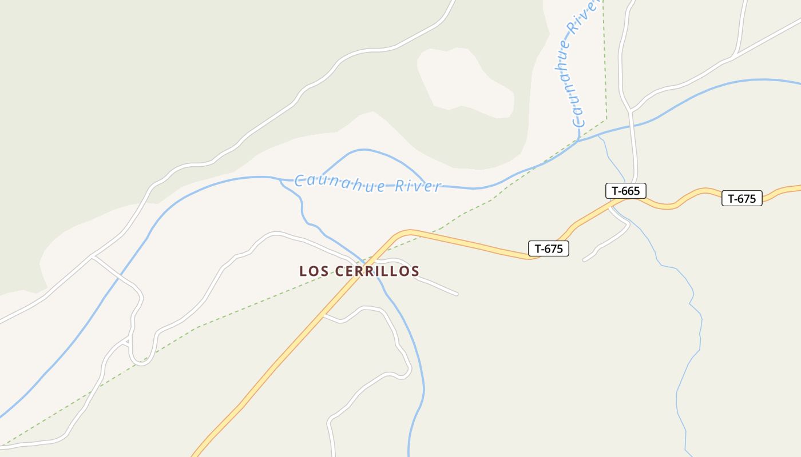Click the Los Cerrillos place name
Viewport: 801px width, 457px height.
pyautogui.click(x=359, y=271)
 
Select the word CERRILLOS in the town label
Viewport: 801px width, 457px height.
pyautogui.click(x=378, y=271)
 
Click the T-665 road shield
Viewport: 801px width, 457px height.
pyautogui.click(x=625, y=191)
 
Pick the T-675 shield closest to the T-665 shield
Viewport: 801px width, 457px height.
pyautogui.click(x=741, y=199)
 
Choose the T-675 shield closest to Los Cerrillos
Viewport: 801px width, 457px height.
pyautogui.click(x=548, y=248)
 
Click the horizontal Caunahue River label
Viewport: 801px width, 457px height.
pyautogui.click(x=368, y=185)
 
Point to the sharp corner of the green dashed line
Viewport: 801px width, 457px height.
pyautogui.click(x=606, y=120)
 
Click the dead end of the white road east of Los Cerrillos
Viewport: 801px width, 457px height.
pyautogui.click(x=457, y=294)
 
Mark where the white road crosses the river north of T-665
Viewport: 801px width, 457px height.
pyautogui.click(x=633, y=124)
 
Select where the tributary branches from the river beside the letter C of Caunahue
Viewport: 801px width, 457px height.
pyautogui.click(x=281, y=181)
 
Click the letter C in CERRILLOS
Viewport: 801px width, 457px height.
pyautogui.click(x=338, y=271)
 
